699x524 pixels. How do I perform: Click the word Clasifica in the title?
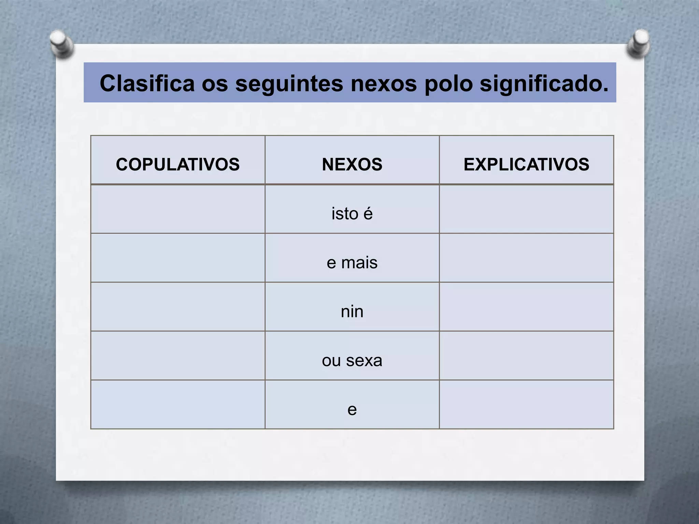coord(147,83)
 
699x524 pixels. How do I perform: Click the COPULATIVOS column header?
coord(177,164)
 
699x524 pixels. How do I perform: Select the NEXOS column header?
coord(352,164)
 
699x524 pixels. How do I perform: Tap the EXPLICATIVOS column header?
coord(526,164)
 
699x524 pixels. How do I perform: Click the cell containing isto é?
coord(352,214)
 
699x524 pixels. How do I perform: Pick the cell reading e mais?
coord(352,263)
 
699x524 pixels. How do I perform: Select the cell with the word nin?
coord(352,311)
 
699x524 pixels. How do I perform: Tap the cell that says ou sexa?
coord(352,360)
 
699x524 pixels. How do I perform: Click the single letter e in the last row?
coord(352,409)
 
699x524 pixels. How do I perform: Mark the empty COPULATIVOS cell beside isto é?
coord(177,209)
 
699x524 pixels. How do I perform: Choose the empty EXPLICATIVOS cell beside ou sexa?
coord(526,355)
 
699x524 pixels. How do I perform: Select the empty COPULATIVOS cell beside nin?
coord(177,307)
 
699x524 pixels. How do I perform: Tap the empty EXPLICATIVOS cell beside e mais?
coord(526,258)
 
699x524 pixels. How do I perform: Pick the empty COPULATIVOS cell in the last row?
coord(177,405)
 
